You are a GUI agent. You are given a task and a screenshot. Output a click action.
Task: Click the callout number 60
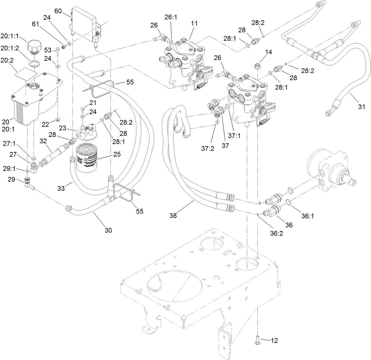58,11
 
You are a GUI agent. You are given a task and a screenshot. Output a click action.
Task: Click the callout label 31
362,106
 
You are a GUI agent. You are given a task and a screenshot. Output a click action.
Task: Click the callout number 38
173,216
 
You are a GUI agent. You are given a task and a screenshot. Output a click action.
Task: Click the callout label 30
108,230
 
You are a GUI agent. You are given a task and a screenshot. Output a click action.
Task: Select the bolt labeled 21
83,110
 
